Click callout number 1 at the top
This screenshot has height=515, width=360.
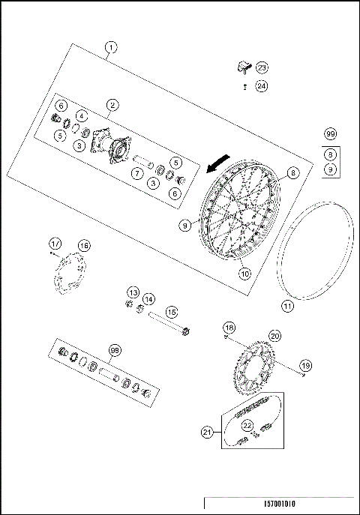tap(110, 48)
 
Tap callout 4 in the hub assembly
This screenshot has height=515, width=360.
tap(81, 115)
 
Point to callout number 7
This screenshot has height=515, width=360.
tap(137, 173)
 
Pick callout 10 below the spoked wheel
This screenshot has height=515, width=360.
tap(244, 274)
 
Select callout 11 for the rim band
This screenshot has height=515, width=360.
tap(286, 306)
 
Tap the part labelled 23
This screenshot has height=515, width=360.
tap(243, 68)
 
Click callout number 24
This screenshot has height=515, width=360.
tap(260, 87)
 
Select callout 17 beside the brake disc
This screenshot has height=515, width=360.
tap(55, 244)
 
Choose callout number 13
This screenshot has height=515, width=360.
tap(133, 291)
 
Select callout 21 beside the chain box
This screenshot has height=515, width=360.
tap(208, 431)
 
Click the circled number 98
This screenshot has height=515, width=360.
tap(115, 350)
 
